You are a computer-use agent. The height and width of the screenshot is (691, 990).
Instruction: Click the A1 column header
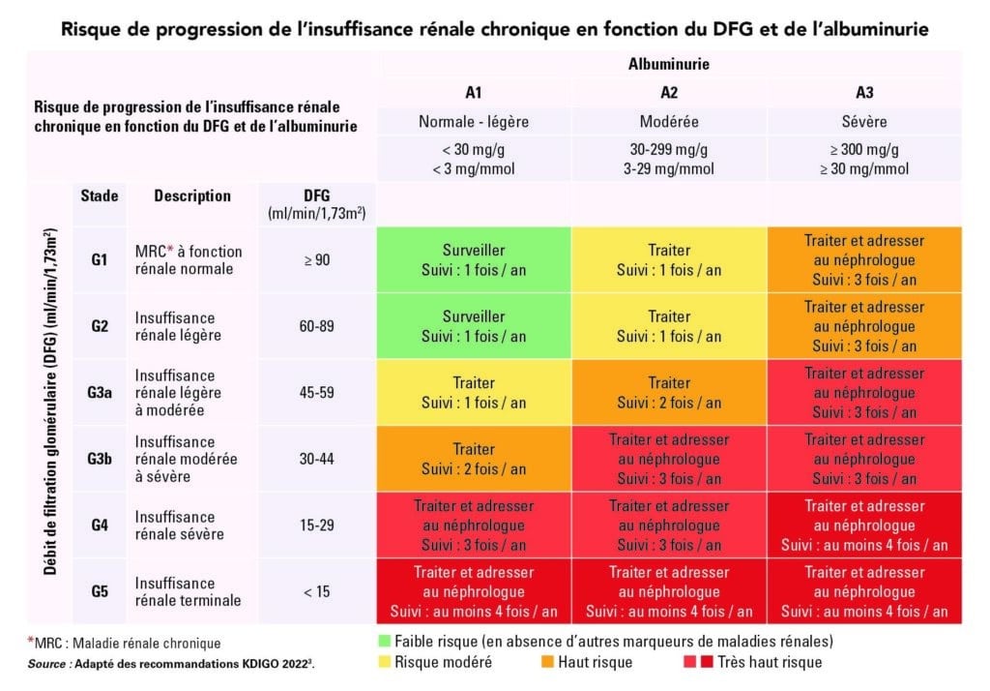474,93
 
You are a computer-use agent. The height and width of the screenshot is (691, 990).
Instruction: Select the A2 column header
669,93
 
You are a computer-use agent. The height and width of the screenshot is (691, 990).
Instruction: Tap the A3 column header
864,93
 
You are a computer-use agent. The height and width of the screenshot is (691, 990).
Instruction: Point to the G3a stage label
100,393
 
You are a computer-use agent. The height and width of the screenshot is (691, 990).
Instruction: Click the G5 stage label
100,591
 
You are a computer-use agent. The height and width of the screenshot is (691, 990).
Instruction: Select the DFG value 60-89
317,326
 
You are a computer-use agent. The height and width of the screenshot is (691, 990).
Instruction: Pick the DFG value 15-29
317,525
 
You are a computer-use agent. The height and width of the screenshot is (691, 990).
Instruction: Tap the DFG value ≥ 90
317,260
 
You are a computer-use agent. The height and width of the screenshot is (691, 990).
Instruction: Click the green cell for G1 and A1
474,260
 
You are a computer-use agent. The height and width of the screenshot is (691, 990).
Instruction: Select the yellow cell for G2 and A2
669,326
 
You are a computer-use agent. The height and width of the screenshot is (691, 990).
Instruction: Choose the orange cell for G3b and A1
474,459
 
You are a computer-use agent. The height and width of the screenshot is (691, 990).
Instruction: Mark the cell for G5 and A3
864,591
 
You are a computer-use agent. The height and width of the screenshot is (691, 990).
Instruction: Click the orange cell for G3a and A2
669,393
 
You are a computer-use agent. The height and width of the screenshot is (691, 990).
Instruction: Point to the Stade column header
100,195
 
